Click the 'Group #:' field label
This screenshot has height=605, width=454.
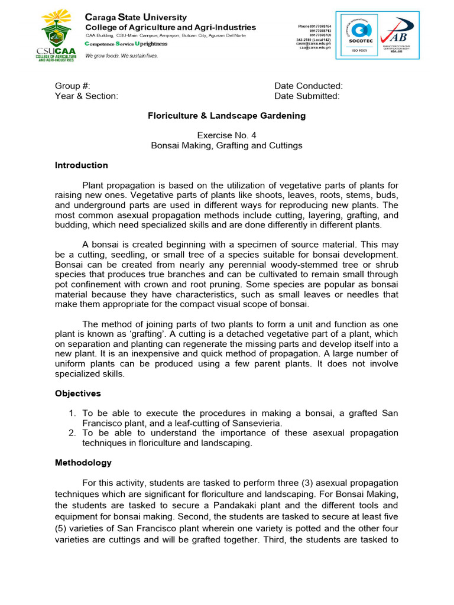click(x=72, y=86)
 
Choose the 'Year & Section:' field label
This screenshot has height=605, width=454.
click(x=86, y=96)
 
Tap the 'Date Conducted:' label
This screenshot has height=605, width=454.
click(x=308, y=86)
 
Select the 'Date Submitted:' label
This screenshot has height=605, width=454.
click(x=307, y=96)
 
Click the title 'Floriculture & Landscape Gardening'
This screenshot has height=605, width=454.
click(x=226, y=116)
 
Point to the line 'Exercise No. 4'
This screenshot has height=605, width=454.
click(x=226, y=135)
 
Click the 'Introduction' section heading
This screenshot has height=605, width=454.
click(x=82, y=165)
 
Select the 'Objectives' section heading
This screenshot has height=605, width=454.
click(x=78, y=393)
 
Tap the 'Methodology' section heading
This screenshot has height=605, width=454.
click(x=83, y=463)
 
